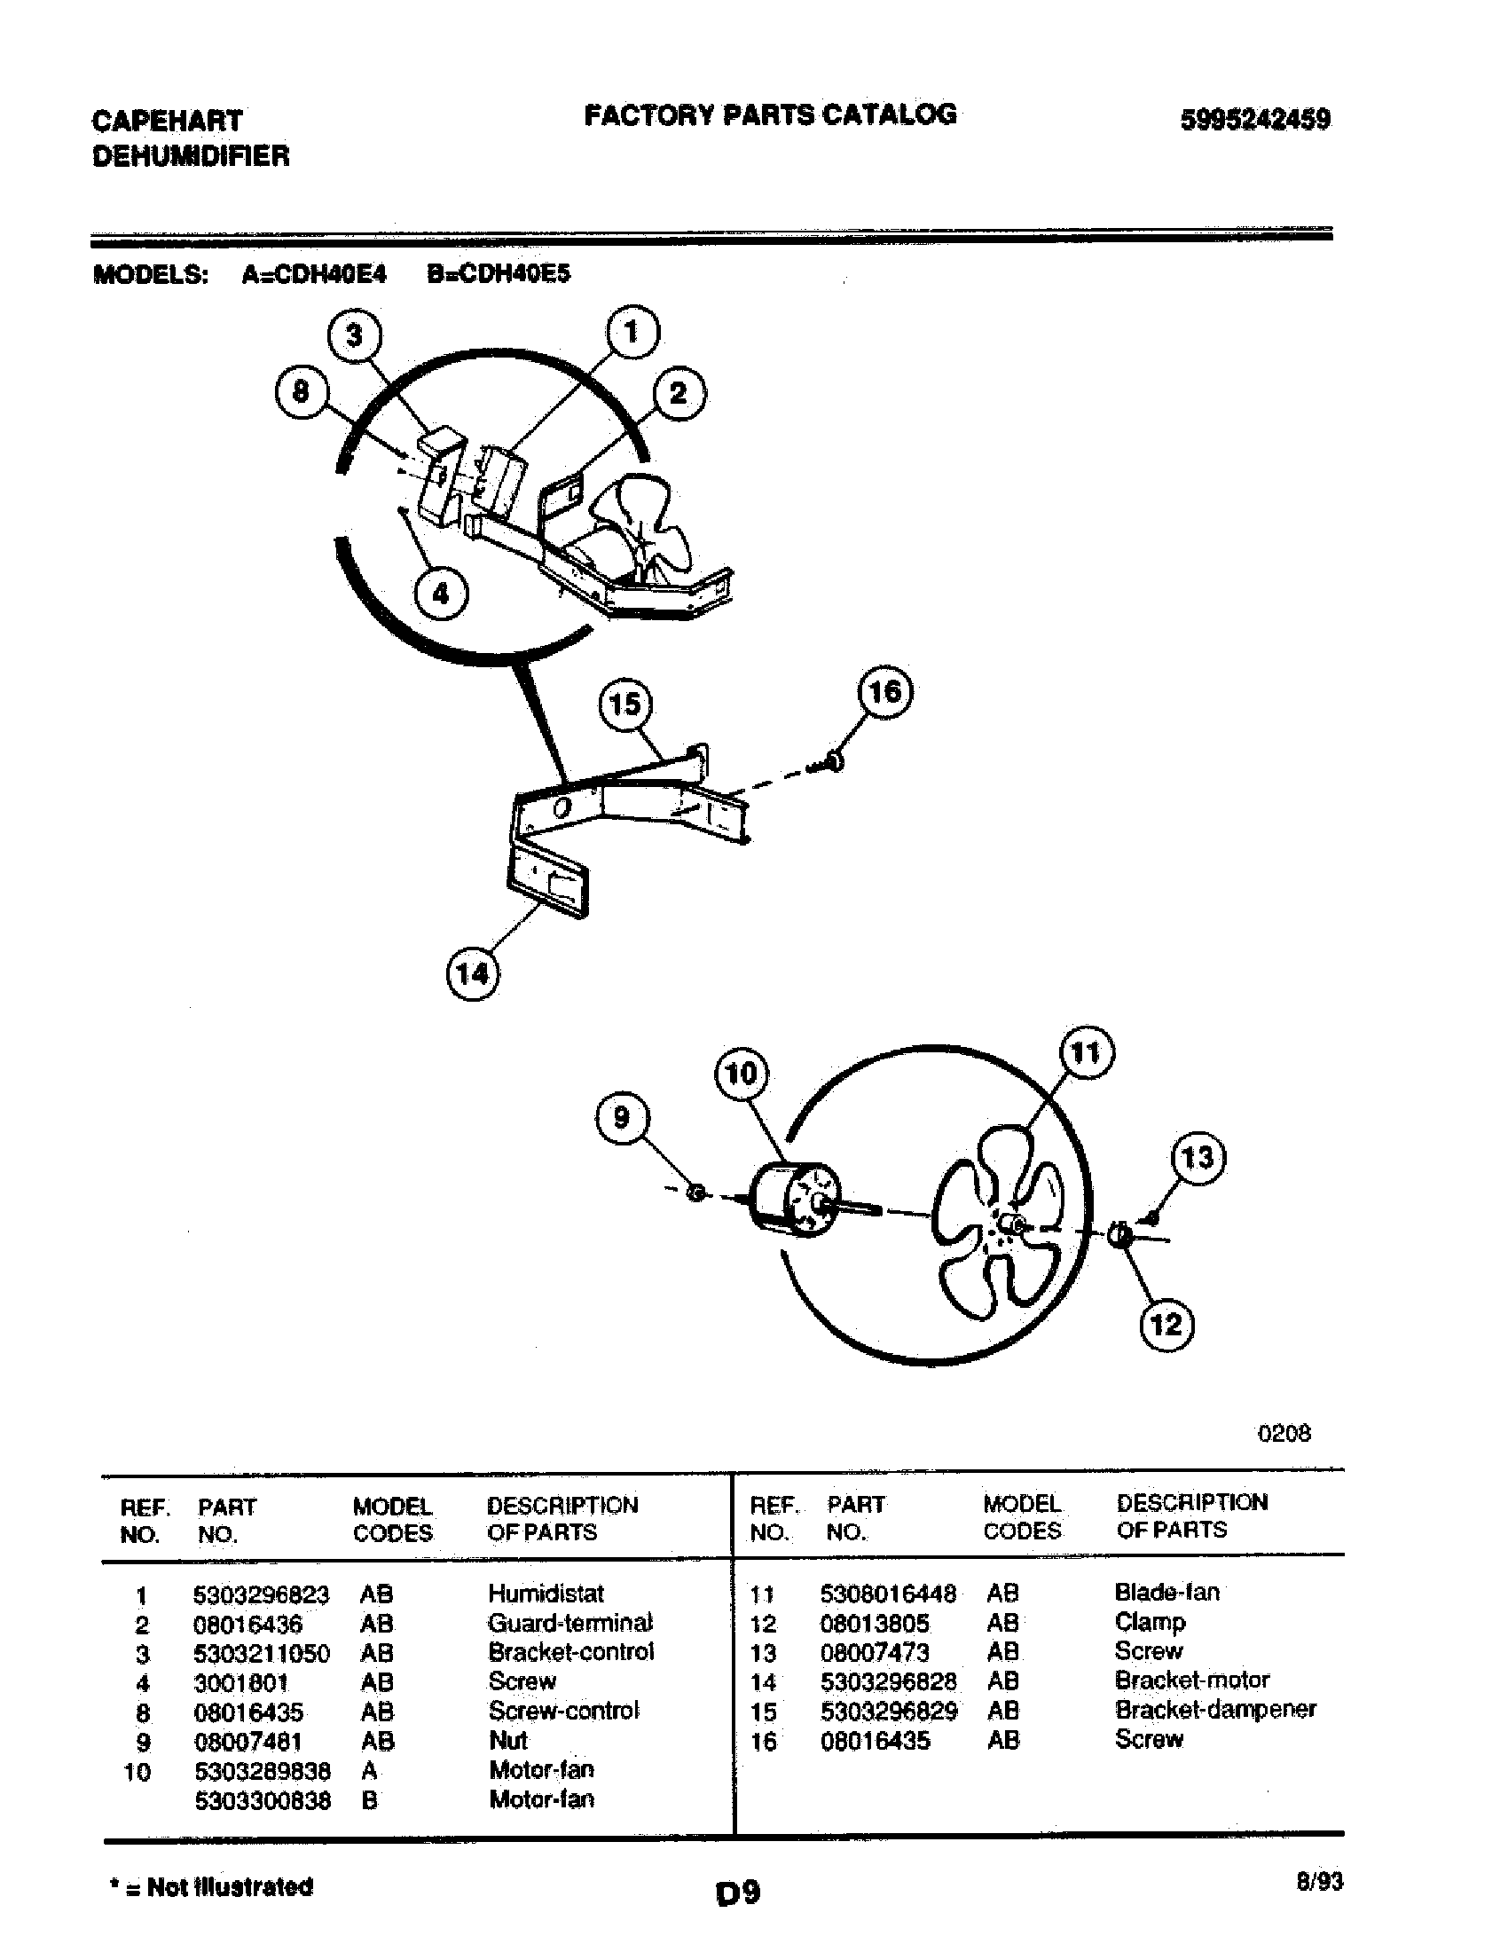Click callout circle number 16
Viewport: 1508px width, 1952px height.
pyautogui.click(x=884, y=693)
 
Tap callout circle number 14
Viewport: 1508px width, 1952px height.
pyautogui.click(x=472, y=973)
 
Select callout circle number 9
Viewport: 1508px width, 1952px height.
pyautogui.click(x=622, y=1117)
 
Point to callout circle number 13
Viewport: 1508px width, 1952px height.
pyautogui.click(x=1198, y=1158)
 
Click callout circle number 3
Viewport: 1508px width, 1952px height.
pyautogui.click(x=355, y=335)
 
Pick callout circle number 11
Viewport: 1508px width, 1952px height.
pyautogui.click(x=1086, y=1053)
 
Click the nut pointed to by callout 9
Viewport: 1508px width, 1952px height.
pyautogui.click(x=698, y=1192)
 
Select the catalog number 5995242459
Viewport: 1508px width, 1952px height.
pyautogui.click(x=1255, y=120)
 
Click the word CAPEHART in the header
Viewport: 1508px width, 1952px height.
pyautogui.click(x=167, y=121)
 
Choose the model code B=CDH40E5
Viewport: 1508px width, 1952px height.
pyautogui.click(x=498, y=274)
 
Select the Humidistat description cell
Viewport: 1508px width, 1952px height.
pyautogui.click(x=546, y=1594)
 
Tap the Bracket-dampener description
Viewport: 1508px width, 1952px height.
pyautogui.click(x=1215, y=1710)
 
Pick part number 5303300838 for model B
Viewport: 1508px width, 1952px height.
pyautogui.click(x=262, y=1800)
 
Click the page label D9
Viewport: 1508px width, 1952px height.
pyautogui.click(x=738, y=1893)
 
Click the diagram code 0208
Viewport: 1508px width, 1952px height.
pyautogui.click(x=1284, y=1434)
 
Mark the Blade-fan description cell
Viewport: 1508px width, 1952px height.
pyautogui.click(x=1166, y=1593)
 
